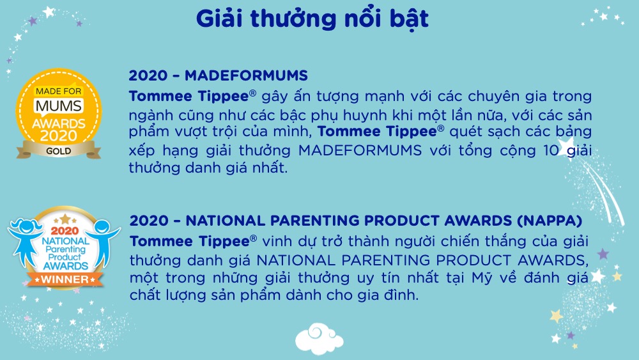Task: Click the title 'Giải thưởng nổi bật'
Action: click(312, 19)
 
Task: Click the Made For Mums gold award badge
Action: click(59, 114)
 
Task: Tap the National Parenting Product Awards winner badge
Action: click(64, 248)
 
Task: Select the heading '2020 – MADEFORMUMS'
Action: click(219, 75)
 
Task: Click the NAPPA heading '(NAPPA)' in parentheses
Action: click(550, 221)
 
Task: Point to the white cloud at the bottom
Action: click(319, 338)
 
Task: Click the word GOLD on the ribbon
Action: click(59, 152)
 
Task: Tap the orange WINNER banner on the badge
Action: click(65, 279)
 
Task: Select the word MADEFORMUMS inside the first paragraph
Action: click(360, 150)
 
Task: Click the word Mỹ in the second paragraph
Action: click(482, 278)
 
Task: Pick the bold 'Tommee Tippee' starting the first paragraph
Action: click(189, 96)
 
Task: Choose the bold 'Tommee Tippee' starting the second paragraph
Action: click(190, 241)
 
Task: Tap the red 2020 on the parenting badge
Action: click(65, 231)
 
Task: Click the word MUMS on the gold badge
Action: click(59, 106)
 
